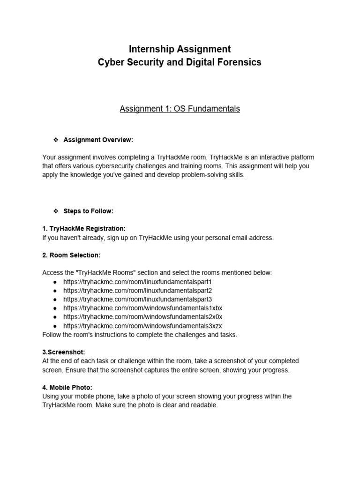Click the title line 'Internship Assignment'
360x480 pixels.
click(180, 49)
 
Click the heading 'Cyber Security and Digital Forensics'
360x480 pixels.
click(180, 62)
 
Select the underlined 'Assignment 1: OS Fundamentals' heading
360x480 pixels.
click(180, 109)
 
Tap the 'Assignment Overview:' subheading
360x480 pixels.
click(98, 140)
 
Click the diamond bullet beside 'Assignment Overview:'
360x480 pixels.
click(55, 140)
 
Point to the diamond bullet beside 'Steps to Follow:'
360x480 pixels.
click(55, 211)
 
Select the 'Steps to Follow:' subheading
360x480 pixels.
click(89, 211)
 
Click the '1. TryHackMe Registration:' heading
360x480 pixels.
click(84, 229)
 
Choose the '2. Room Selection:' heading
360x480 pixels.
click(71, 255)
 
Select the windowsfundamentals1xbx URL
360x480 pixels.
click(142, 308)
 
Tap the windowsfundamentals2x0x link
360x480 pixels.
click(142, 317)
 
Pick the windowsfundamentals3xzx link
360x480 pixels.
click(142, 326)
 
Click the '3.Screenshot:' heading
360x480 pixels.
click(63, 352)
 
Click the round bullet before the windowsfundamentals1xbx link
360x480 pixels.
click(55, 308)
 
